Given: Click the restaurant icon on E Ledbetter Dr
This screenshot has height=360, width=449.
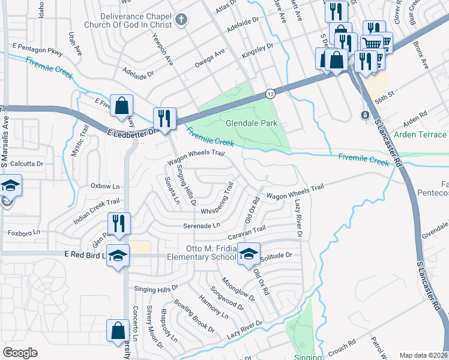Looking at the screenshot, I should tap(164, 118).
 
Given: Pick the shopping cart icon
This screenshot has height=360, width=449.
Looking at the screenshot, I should tap(372, 43).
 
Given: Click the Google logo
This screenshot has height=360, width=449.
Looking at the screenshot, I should tap(20, 353).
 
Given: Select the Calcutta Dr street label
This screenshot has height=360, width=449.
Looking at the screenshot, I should tap(26, 163).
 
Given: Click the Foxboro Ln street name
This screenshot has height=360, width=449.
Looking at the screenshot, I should tap(23, 232).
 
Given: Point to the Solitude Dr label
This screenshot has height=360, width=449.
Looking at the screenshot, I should tap(277, 256).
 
